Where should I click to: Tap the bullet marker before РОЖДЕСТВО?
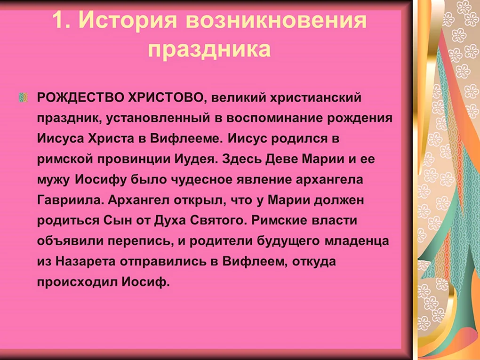(23, 97)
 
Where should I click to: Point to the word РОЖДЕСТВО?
(80, 97)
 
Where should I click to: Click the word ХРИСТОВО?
(165, 98)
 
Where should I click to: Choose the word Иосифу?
(101, 180)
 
